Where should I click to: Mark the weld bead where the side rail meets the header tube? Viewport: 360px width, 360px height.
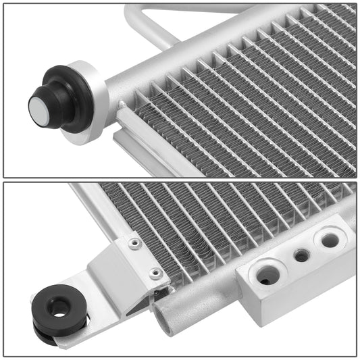click(x=122, y=107)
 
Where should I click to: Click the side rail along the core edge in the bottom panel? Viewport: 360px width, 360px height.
click(x=101, y=209)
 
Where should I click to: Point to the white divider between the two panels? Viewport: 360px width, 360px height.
click(x=180, y=180)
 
